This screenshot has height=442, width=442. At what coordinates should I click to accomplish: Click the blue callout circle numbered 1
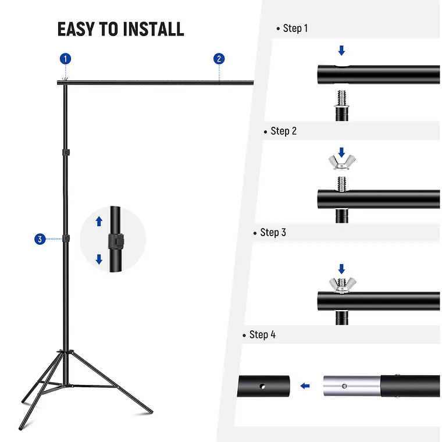(65, 59)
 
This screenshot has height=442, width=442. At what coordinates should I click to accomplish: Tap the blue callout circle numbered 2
(219, 59)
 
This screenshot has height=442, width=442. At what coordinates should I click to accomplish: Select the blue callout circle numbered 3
(40, 239)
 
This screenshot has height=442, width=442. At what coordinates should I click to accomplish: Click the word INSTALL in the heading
(154, 29)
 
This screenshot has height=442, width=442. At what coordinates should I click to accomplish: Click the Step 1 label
(295, 28)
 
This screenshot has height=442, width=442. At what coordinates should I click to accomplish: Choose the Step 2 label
(284, 131)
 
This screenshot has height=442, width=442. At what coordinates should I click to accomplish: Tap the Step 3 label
(273, 232)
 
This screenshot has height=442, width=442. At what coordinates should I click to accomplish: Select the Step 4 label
(262, 334)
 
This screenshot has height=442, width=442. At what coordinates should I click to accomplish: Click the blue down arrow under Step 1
(341, 51)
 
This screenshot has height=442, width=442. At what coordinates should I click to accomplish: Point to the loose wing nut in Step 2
(342, 162)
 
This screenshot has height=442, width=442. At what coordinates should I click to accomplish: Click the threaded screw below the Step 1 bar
(342, 98)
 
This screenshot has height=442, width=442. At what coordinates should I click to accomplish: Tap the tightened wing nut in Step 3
(342, 286)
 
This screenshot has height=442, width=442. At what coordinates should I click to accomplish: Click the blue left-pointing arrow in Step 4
(305, 386)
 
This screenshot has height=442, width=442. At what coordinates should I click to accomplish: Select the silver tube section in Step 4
(352, 386)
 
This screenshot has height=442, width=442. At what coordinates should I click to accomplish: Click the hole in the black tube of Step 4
(262, 387)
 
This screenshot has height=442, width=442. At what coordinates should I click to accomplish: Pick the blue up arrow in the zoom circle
(99, 221)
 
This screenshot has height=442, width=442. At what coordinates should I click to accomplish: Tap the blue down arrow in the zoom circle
(99, 259)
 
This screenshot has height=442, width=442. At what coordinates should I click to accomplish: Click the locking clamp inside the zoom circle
(116, 241)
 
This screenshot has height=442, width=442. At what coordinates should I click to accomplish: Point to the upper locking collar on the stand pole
(66, 152)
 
